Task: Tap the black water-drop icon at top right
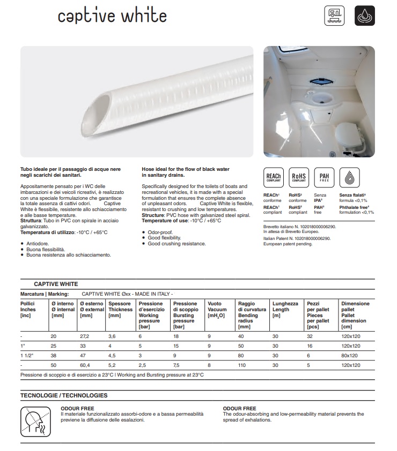pyautogui.click(x=365, y=16)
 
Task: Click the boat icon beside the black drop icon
pyautogui.click(x=335, y=16)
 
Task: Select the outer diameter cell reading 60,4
pyautogui.click(x=86, y=365)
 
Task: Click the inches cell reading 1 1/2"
pyautogui.click(x=27, y=355)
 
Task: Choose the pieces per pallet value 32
pyautogui.click(x=310, y=336)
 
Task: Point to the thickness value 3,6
pyautogui.click(x=113, y=336)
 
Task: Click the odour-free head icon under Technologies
pyautogui.click(x=34, y=422)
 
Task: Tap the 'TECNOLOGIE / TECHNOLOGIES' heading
pyautogui.click(x=64, y=395)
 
